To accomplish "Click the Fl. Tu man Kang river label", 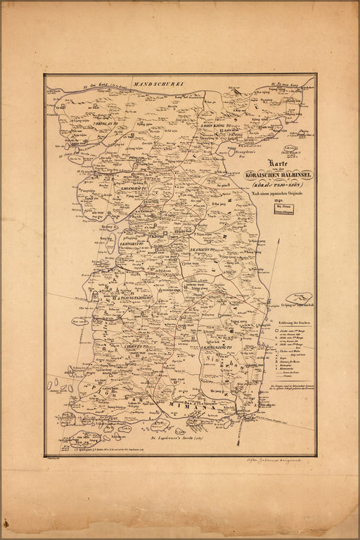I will click(x=284, y=84).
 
